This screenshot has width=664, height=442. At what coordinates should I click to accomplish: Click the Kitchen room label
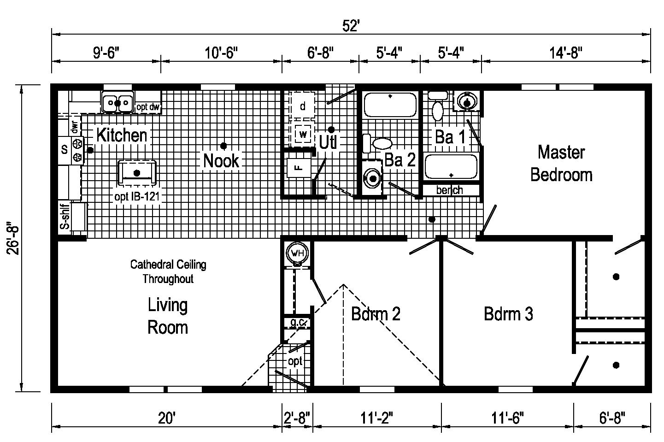click(x=122, y=135)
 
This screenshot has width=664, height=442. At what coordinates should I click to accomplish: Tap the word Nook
click(x=221, y=161)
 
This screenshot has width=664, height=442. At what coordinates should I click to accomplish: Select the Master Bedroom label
click(x=561, y=164)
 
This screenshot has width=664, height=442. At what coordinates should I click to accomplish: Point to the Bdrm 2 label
click(x=376, y=314)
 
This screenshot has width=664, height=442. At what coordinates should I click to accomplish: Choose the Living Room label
click(x=167, y=316)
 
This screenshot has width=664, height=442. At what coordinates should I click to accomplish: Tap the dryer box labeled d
click(x=302, y=106)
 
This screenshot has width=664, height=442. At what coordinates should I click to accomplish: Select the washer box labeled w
click(x=303, y=134)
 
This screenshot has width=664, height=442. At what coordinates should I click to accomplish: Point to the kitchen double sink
click(x=118, y=102)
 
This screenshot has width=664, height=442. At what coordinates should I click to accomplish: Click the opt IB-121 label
click(x=137, y=196)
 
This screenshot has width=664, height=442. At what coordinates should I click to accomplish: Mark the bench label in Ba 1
click(x=450, y=190)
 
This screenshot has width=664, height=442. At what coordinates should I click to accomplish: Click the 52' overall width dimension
click(x=351, y=26)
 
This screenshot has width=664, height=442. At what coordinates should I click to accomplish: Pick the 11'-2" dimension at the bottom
click(x=376, y=418)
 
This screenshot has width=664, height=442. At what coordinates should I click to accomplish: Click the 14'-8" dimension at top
click(x=566, y=53)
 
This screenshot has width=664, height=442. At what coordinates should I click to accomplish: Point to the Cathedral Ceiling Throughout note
click(x=168, y=271)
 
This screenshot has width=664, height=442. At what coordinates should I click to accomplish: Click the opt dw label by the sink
click(x=148, y=107)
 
